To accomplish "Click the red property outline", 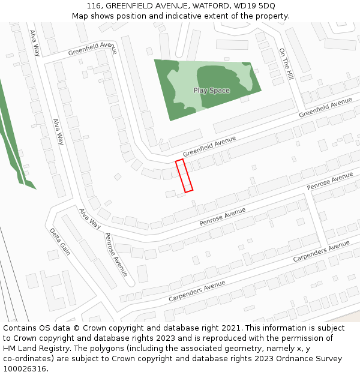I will point(184,176).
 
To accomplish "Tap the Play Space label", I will point(211,91).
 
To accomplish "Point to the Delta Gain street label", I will point(60,241).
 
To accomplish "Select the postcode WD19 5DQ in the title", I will point(251,5).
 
